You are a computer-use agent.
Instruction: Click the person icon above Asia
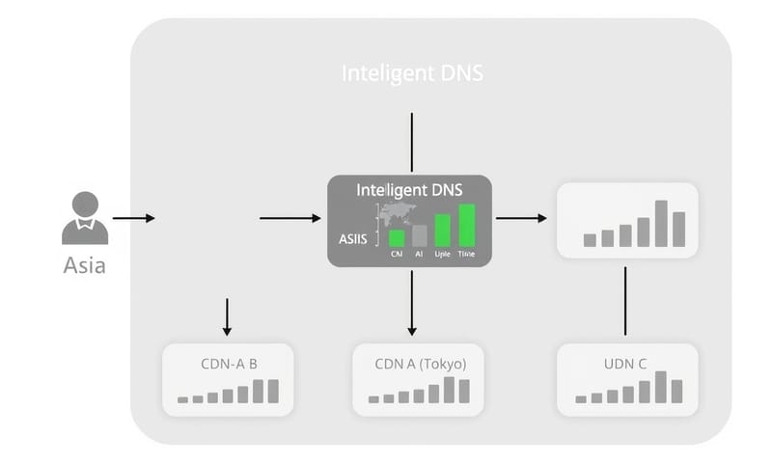(85, 217)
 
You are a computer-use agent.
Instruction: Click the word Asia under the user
(84, 265)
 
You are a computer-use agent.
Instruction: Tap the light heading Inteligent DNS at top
(412, 73)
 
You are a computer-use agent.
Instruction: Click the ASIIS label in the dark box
(353, 239)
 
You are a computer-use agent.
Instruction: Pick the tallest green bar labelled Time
(467, 226)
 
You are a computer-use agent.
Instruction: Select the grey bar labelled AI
(419, 235)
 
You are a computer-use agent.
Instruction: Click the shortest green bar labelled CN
(396, 238)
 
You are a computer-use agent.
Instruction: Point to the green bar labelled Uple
(443, 231)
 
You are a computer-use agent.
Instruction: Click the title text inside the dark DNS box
(411, 191)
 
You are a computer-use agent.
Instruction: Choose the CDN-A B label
(227, 364)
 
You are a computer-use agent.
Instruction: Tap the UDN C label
(626, 364)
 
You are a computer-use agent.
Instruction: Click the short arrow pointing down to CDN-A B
(227, 316)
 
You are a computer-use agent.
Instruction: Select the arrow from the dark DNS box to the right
(521, 219)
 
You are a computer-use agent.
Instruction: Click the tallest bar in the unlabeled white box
(661, 223)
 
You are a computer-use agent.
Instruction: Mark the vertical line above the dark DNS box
(412, 142)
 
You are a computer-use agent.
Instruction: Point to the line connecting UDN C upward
(626, 301)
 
